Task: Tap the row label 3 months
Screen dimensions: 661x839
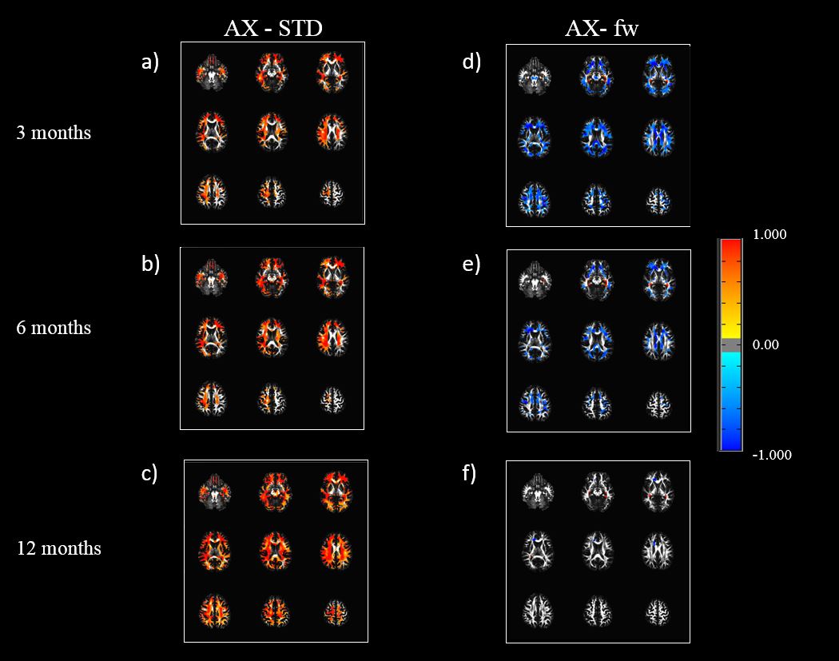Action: coord(54,133)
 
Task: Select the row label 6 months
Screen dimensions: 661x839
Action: coord(54,328)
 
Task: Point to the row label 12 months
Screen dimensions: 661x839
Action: coord(59,548)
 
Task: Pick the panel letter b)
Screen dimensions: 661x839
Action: coord(151,264)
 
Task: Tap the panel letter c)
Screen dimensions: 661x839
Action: coord(149,473)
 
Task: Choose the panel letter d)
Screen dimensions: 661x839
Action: coord(471,62)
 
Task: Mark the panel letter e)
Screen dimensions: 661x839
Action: coord(471,264)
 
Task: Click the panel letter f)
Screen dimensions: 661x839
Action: coord(471,473)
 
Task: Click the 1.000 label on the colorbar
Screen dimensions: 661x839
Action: coord(769,235)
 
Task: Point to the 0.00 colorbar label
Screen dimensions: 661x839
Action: coord(766,345)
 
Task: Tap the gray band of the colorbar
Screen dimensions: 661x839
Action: coord(730,345)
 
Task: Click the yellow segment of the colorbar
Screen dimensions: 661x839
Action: coord(730,330)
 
